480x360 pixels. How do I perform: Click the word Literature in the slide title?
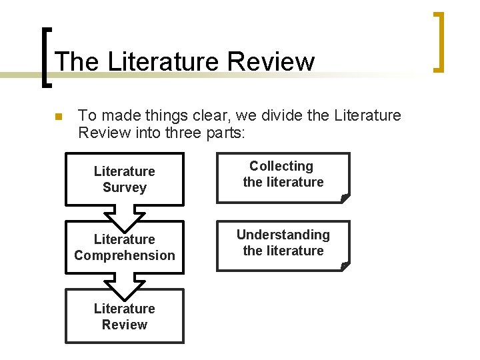[x=163, y=61]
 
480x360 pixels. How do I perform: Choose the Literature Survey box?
[x=124, y=179]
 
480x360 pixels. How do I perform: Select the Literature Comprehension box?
[x=124, y=247]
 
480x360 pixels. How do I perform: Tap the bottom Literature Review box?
[x=124, y=316]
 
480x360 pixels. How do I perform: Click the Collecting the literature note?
[x=283, y=177]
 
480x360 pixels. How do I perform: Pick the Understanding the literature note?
[x=283, y=245]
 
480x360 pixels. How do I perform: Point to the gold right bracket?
[x=438, y=41]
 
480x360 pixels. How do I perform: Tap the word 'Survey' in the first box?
[x=124, y=187]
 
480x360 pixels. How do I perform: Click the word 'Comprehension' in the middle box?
[x=125, y=255]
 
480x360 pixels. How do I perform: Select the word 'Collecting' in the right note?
[x=281, y=166]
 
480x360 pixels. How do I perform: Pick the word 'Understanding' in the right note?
[x=283, y=235]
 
